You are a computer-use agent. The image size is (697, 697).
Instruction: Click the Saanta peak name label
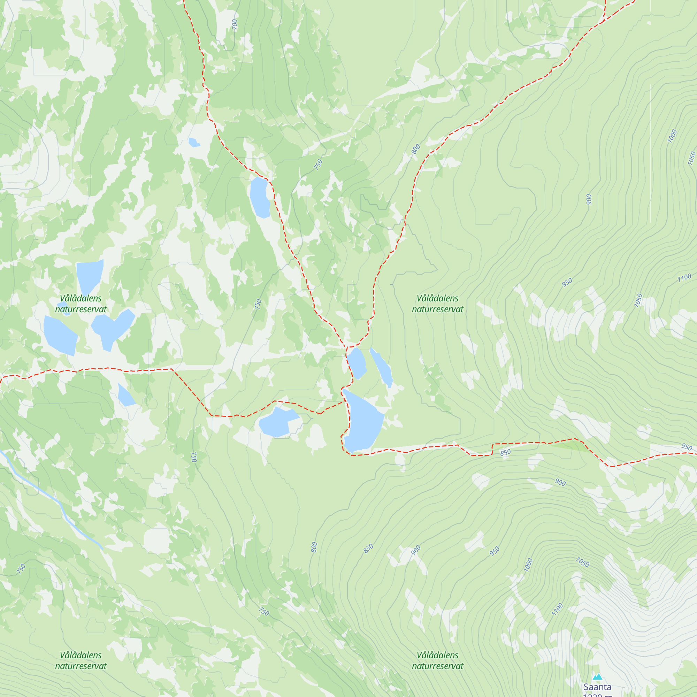point(597,687)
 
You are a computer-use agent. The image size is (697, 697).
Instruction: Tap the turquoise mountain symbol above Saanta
point(597,676)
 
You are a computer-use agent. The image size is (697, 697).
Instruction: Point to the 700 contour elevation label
point(235,24)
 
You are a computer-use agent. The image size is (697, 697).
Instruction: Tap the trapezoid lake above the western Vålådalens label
point(89,276)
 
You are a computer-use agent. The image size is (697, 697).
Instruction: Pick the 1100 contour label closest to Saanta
point(557,609)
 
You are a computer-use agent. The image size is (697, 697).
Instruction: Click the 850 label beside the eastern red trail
point(505,452)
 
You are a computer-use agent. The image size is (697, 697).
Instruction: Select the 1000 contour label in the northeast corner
point(672,136)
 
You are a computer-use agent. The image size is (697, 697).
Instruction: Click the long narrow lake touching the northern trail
point(260,198)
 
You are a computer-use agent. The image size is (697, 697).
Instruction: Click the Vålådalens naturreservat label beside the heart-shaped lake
point(81,304)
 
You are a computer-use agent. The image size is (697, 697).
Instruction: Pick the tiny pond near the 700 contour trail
point(194,143)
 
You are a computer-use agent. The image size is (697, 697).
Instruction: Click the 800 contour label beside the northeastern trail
point(416,149)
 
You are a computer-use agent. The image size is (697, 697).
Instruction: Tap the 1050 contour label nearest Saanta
point(582,562)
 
